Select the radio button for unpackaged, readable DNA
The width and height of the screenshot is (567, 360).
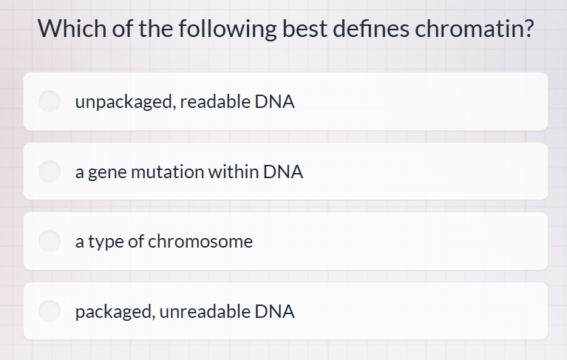click(50, 102)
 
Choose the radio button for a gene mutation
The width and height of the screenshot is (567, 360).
click(50, 171)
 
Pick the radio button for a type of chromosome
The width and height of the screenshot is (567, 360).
click(50, 241)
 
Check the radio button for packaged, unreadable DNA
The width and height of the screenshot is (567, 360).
click(50, 311)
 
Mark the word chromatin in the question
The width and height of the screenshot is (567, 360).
click(473, 29)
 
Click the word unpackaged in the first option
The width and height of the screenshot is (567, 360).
click(123, 103)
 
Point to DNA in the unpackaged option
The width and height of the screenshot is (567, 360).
click(274, 102)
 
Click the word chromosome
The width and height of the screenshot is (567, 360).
click(201, 242)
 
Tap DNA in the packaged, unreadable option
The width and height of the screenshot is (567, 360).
click(274, 311)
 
